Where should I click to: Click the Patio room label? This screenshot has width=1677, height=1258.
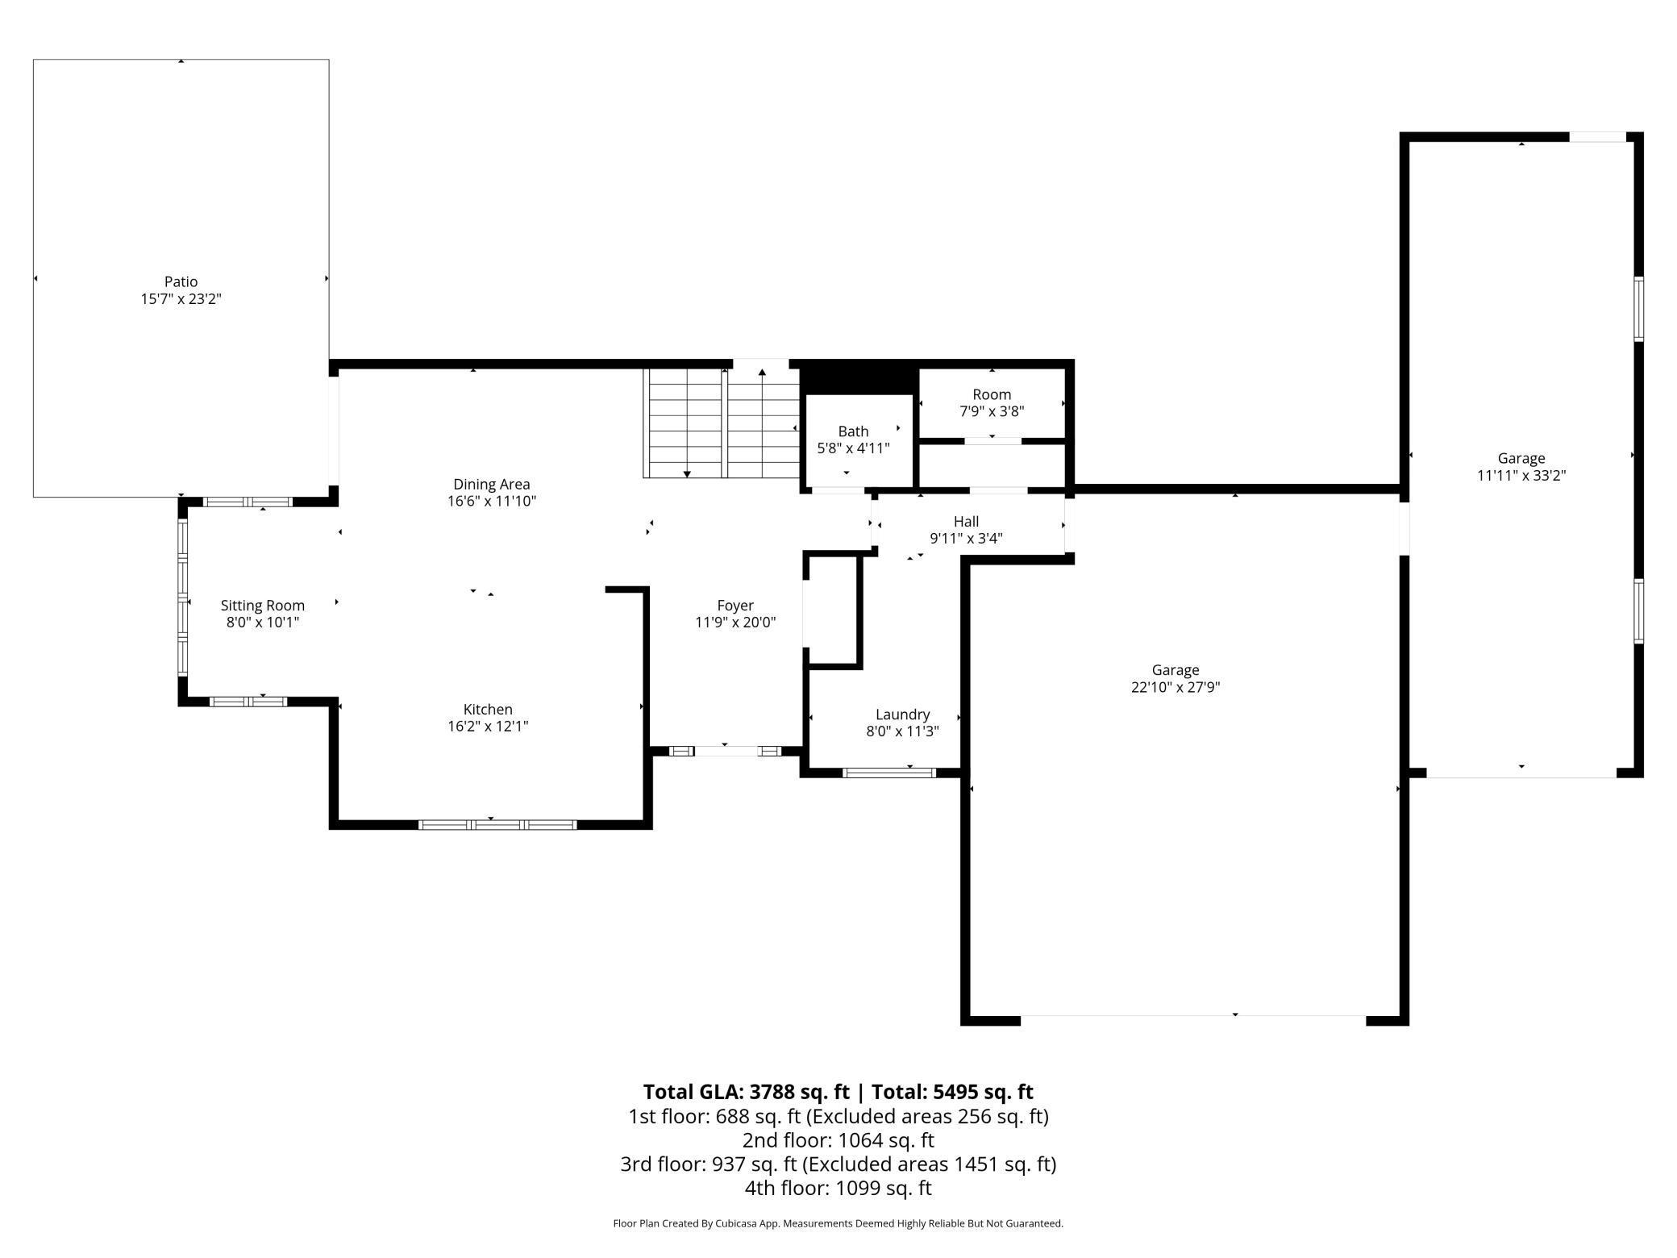[181, 281]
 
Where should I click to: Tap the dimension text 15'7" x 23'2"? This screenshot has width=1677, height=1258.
[181, 299]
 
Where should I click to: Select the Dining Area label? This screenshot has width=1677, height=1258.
[491, 484]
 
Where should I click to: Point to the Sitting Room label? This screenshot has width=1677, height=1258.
[262, 605]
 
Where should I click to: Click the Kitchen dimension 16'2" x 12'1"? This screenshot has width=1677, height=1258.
[488, 727]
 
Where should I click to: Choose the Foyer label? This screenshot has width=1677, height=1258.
[735, 605]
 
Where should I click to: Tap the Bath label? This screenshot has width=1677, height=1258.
[853, 431]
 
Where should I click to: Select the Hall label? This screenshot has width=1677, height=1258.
[966, 522]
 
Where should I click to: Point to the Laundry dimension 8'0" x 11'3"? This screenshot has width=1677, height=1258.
[902, 731]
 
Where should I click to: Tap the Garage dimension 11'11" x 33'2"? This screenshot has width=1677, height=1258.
[1521, 476]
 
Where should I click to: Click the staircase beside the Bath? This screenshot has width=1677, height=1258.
[722, 423]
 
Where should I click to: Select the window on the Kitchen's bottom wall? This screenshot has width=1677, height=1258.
[497, 824]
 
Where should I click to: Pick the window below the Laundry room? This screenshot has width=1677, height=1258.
[888, 773]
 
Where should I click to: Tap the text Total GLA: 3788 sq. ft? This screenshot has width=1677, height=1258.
[746, 1092]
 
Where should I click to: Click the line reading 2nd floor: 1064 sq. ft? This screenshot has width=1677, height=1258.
[838, 1140]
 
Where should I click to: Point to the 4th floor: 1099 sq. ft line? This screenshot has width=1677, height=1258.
[838, 1188]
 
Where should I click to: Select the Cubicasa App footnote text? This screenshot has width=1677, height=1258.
[838, 1223]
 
